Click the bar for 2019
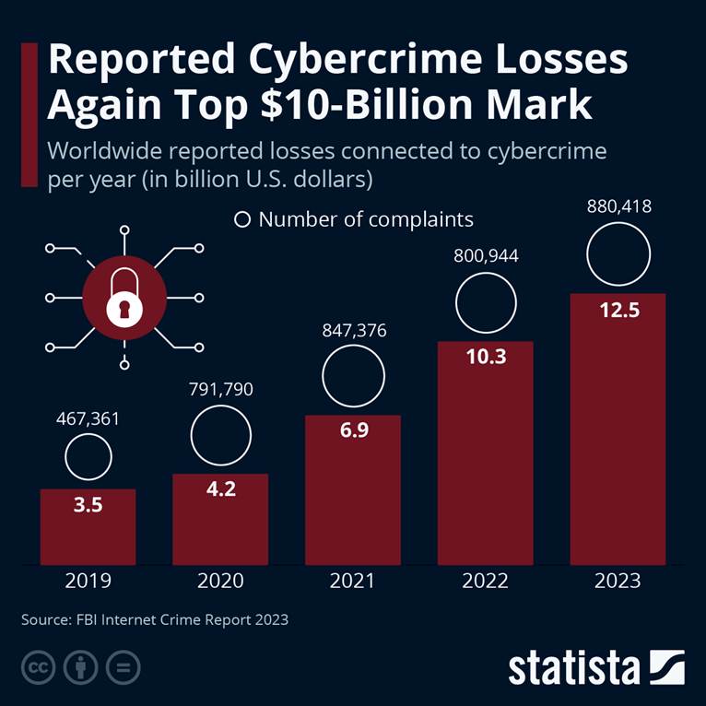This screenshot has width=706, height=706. click(x=88, y=527)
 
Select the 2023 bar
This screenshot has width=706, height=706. click(x=618, y=429)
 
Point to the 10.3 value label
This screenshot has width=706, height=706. click(x=486, y=357)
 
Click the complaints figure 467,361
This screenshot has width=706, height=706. click(x=88, y=420)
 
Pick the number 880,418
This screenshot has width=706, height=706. click(x=618, y=206)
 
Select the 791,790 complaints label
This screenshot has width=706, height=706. click(x=220, y=389)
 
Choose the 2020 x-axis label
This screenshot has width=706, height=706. click(x=220, y=581)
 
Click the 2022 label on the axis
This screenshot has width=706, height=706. click(x=486, y=581)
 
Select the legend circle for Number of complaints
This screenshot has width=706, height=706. click(x=243, y=219)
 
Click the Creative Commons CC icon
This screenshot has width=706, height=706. click(x=36, y=666)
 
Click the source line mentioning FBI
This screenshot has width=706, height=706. click(x=155, y=619)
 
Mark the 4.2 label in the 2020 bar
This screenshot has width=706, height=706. click(x=220, y=488)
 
